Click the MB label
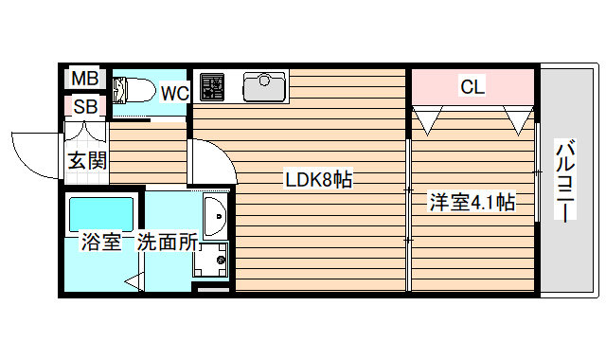(x=85, y=77)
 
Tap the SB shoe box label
(x=85, y=106)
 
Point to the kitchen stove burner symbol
(x=211, y=86)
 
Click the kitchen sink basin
(x=264, y=87)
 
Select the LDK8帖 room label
(x=319, y=179)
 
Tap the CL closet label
(x=472, y=87)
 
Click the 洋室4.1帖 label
(x=472, y=201)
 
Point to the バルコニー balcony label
(x=565, y=180)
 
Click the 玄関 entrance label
(x=86, y=160)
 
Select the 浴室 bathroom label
(x=98, y=242)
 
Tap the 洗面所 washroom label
(x=168, y=242)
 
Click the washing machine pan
(x=211, y=258)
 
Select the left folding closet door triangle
(x=428, y=118)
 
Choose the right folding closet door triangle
(x=519, y=118)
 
